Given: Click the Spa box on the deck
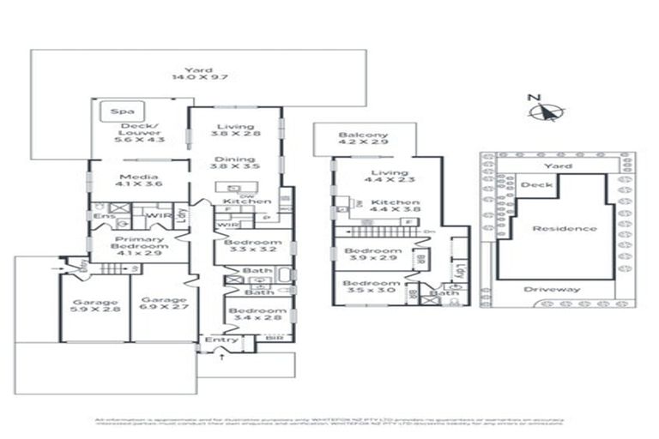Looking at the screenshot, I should [x=121, y=112].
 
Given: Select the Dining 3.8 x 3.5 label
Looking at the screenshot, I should [x=234, y=163].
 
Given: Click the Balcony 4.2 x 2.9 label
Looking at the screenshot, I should [x=363, y=139].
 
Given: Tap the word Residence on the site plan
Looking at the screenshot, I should [x=564, y=228].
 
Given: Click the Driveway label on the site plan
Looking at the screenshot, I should [x=552, y=289].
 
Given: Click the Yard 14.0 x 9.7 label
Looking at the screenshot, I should [x=192, y=75].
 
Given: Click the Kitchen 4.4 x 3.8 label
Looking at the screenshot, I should [x=391, y=207].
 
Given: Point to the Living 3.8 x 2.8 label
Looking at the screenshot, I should [x=234, y=130].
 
